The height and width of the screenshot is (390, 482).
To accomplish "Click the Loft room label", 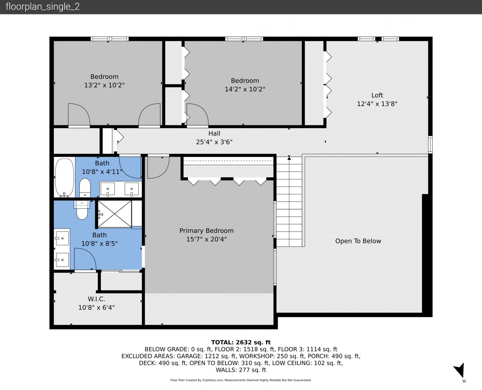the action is click(x=377, y=95).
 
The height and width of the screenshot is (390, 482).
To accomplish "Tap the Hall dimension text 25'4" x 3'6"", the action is click(x=214, y=142).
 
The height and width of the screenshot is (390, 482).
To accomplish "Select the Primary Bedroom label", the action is click(x=207, y=231).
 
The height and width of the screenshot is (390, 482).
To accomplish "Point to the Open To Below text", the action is click(x=358, y=241).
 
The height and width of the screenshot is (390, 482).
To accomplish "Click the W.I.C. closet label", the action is click(x=96, y=299).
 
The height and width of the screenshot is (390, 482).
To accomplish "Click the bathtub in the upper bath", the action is click(x=65, y=178).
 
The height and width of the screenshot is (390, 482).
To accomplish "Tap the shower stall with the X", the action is click(x=114, y=214).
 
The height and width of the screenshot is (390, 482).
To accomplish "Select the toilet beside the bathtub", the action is click(x=85, y=188).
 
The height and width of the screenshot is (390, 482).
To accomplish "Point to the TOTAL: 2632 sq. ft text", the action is click(x=241, y=342).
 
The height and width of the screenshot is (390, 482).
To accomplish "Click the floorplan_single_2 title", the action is click(x=43, y=7).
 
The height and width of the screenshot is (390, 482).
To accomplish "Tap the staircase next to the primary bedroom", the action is click(x=289, y=201).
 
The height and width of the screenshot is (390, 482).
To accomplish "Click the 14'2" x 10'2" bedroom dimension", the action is click(x=245, y=89).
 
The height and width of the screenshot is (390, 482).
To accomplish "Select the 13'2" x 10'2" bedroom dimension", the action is click(x=104, y=85).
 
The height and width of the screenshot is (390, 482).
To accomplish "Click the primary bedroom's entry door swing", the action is click(x=158, y=167).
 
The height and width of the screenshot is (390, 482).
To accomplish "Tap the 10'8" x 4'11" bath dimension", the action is click(x=102, y=172).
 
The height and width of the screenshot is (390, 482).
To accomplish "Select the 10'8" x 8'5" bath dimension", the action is click(x=99, y=243).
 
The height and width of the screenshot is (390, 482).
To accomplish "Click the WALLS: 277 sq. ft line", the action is click(x=241, y=370).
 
